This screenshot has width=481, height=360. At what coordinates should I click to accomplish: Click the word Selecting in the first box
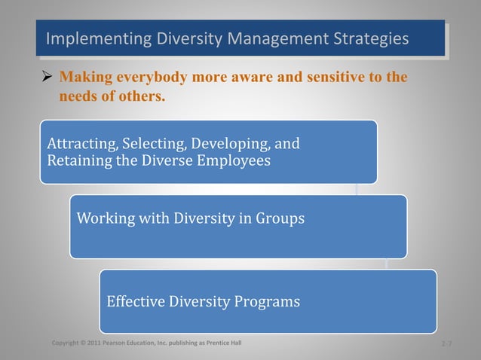[x=155, y=143]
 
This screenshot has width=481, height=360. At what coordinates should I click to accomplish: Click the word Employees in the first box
[x=233, y=160]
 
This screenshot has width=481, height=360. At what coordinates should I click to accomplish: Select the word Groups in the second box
[x=279, y=219]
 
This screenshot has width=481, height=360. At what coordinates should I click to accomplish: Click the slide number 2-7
[x=446, y=344]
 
